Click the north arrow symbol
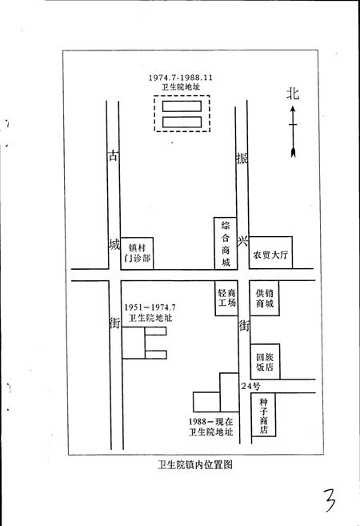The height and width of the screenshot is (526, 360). [293, 131]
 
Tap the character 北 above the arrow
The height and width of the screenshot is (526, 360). [293, 94]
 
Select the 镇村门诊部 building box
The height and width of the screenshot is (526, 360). [137, 253]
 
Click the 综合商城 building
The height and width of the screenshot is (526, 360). [226, 243]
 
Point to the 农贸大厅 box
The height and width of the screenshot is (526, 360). [270, 252]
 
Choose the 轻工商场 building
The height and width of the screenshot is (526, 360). [226, 298]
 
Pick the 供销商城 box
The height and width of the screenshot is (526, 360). [265, 298]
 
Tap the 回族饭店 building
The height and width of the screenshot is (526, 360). [265, 362]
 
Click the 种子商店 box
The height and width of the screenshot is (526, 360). [263, 415]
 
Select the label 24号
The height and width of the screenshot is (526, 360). [250, 387]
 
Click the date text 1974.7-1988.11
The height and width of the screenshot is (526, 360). [181, 78]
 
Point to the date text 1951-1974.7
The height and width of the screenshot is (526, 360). [150, 307]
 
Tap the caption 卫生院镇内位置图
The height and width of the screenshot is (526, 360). [195, 464]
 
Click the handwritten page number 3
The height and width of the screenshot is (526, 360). [329, 500]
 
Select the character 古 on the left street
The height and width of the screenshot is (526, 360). [114, 155]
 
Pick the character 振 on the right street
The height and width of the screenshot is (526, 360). [242, 158]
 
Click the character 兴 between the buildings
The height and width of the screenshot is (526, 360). [242, 241]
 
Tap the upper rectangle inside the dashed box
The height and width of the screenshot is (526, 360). [182, 106]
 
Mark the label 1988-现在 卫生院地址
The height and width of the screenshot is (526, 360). [210, 427]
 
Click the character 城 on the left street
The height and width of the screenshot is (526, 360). [114, 244]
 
